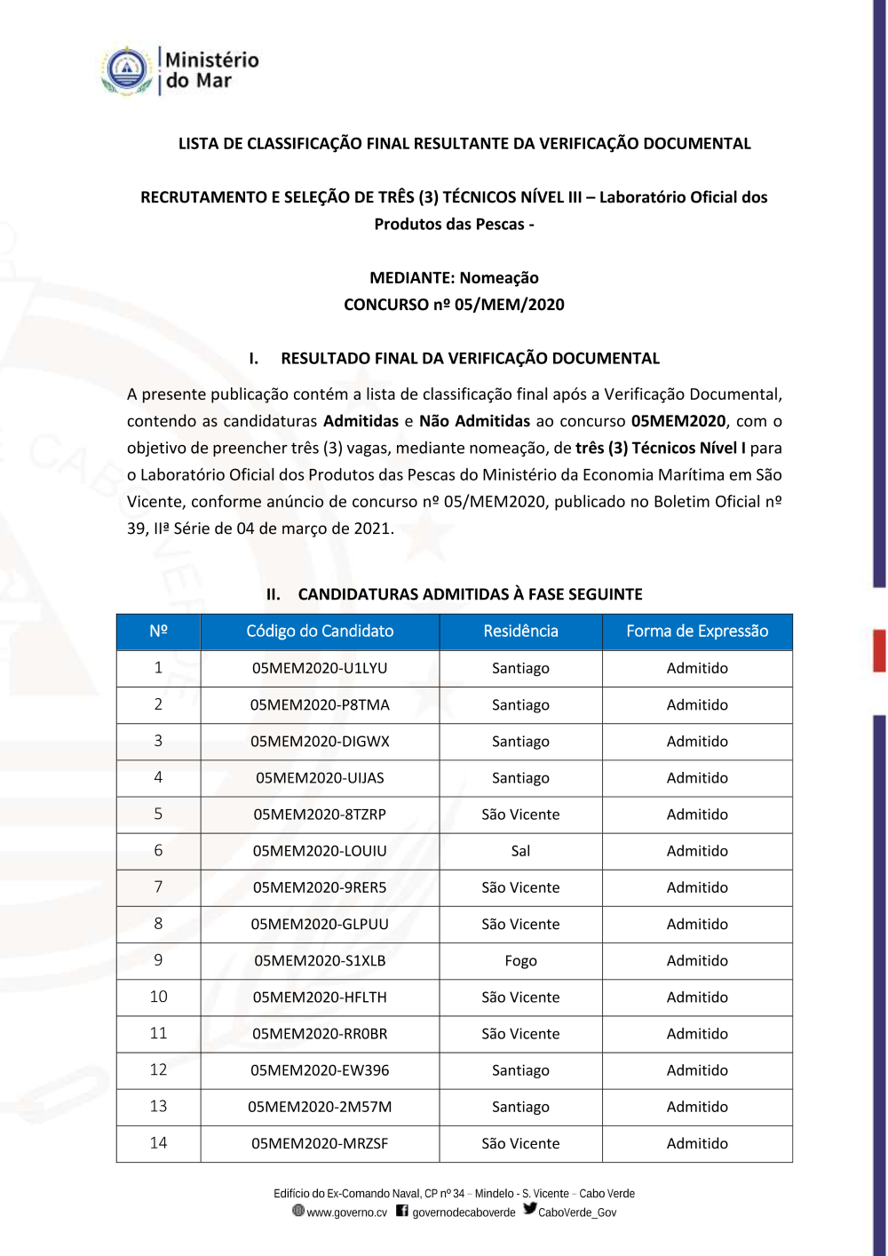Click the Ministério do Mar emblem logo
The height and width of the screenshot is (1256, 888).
[128, 70]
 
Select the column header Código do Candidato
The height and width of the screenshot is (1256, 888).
[320, 632]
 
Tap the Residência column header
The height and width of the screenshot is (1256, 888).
[520, 632]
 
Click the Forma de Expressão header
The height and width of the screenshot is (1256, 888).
[697, 632]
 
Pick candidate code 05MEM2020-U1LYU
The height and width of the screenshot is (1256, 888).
[320, 668]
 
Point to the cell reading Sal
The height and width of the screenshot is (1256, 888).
[520, 851]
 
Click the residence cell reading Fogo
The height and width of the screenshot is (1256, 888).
[520, 961]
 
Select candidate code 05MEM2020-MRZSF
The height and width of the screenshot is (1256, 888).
[320, 1144]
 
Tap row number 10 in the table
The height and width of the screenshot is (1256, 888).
[158, 998]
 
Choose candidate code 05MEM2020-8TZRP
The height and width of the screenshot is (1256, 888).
[320, 815]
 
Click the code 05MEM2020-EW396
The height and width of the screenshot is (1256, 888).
[320, 1071]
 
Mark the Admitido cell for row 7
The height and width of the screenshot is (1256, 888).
[697, 887]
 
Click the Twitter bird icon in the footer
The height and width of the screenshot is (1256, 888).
[530, 1209]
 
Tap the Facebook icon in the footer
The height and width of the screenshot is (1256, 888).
[402, 1211]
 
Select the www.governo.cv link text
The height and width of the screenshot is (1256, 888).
[346, 1213]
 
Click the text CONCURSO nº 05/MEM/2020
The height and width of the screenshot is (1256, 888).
[454, 305]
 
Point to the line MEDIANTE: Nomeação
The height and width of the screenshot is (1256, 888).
[454, 278]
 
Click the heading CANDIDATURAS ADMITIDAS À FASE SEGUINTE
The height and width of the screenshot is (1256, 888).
[470, 594]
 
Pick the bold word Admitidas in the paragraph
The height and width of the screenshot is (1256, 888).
[361, 421]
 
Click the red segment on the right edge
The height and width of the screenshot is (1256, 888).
[879, 650]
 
